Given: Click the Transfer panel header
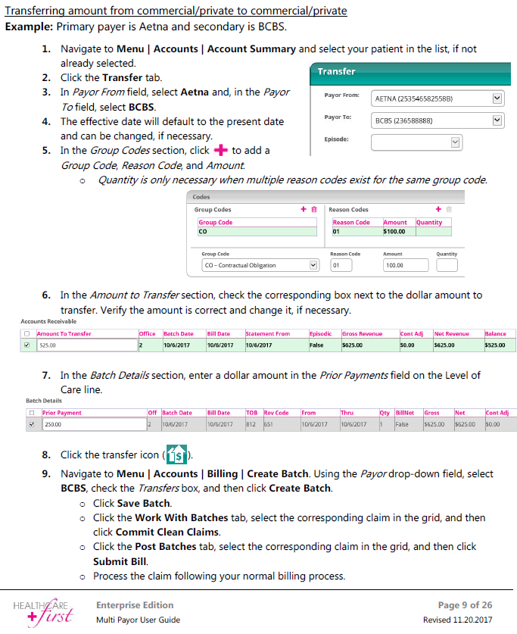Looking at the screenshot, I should (409, 71).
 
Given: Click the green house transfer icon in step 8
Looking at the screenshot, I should (176, 455).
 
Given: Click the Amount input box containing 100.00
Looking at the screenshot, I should (402, 266).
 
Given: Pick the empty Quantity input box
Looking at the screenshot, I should (447, 266).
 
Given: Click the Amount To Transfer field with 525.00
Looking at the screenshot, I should (85, 345).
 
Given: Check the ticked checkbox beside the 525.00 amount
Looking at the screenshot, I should (27, 345).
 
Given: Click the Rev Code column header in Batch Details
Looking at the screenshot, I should (276, 413).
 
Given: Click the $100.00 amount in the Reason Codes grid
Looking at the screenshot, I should (394, 232).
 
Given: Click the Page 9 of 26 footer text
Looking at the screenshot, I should (465, 605).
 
